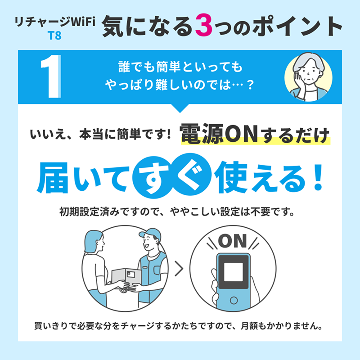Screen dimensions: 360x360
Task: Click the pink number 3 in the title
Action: [x=204, y=26]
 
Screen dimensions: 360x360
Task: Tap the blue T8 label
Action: [x=54, y=36]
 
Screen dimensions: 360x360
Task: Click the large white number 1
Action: [x=51, y=76]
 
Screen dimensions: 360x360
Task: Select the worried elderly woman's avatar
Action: [x=308, y=77]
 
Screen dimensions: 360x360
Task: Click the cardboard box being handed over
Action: [x=126, y=277]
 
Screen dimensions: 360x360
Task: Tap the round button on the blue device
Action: [x=234, y=300]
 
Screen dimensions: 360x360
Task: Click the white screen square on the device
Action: [x=233, y=272]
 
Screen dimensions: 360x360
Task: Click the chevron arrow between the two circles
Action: [x=179, y=268]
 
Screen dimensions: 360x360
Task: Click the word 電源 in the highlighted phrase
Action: [x=202, y=134]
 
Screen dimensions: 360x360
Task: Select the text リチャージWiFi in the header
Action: [x=55, y=22]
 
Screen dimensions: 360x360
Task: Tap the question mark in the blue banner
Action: [x=250, y=85]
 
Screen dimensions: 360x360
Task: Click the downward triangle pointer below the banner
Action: [x=180, y=108]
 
